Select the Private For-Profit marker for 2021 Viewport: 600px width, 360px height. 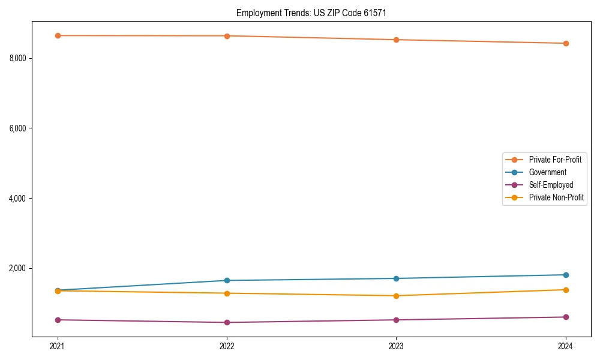click(58, 35)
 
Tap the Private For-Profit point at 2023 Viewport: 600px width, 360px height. click(397, 40)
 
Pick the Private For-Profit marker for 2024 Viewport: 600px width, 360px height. click(566, 43)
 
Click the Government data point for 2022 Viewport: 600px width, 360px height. click(227, 280)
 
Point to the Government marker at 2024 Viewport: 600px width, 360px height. click(566, 275)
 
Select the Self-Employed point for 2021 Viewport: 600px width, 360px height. click(58, 320)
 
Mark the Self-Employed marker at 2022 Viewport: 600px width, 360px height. click(227, 322)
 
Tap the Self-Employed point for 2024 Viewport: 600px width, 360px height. click(566, 317)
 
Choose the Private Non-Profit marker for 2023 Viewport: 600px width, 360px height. click(397, 296)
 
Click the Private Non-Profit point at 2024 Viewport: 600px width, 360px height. click(566, 290)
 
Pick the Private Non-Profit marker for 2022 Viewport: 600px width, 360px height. click(227, 293)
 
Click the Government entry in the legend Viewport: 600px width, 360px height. click(547, 172)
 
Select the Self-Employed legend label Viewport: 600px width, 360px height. click(551, 185)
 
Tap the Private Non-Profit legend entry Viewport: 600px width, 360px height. click(556, 197)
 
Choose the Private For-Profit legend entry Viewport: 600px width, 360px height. click(555, 160)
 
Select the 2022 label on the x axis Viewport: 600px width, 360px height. click(227, 346)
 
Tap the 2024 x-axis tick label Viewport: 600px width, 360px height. click(566, 346)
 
